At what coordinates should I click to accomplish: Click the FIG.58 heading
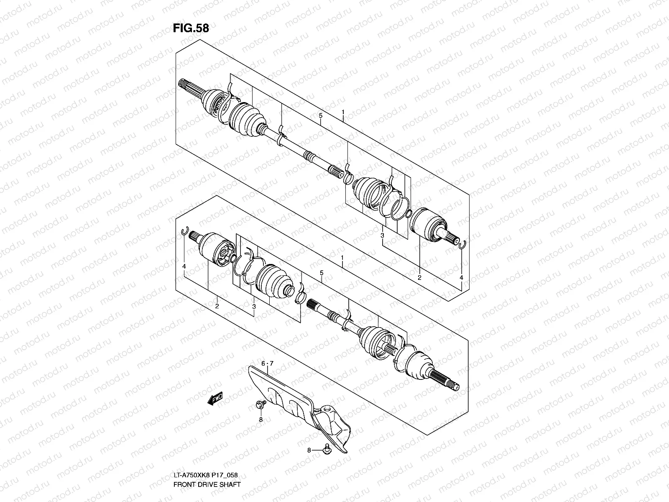tap(191, 28)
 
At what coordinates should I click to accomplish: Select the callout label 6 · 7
tap(267, 364)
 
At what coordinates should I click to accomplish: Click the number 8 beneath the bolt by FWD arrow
tap(260, 419)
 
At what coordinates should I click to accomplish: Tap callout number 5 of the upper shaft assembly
tap(320, 115)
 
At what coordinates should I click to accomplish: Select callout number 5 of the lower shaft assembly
tap(322, 273)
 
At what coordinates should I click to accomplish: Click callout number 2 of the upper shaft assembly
tap(419, 277)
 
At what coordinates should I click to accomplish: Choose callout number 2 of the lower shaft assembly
tap(217, 306)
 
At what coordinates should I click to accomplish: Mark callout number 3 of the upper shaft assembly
tap(382, 236)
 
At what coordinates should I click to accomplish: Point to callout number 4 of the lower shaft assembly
tap(184, 266)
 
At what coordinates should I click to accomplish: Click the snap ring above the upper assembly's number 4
tap(462, 244)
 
